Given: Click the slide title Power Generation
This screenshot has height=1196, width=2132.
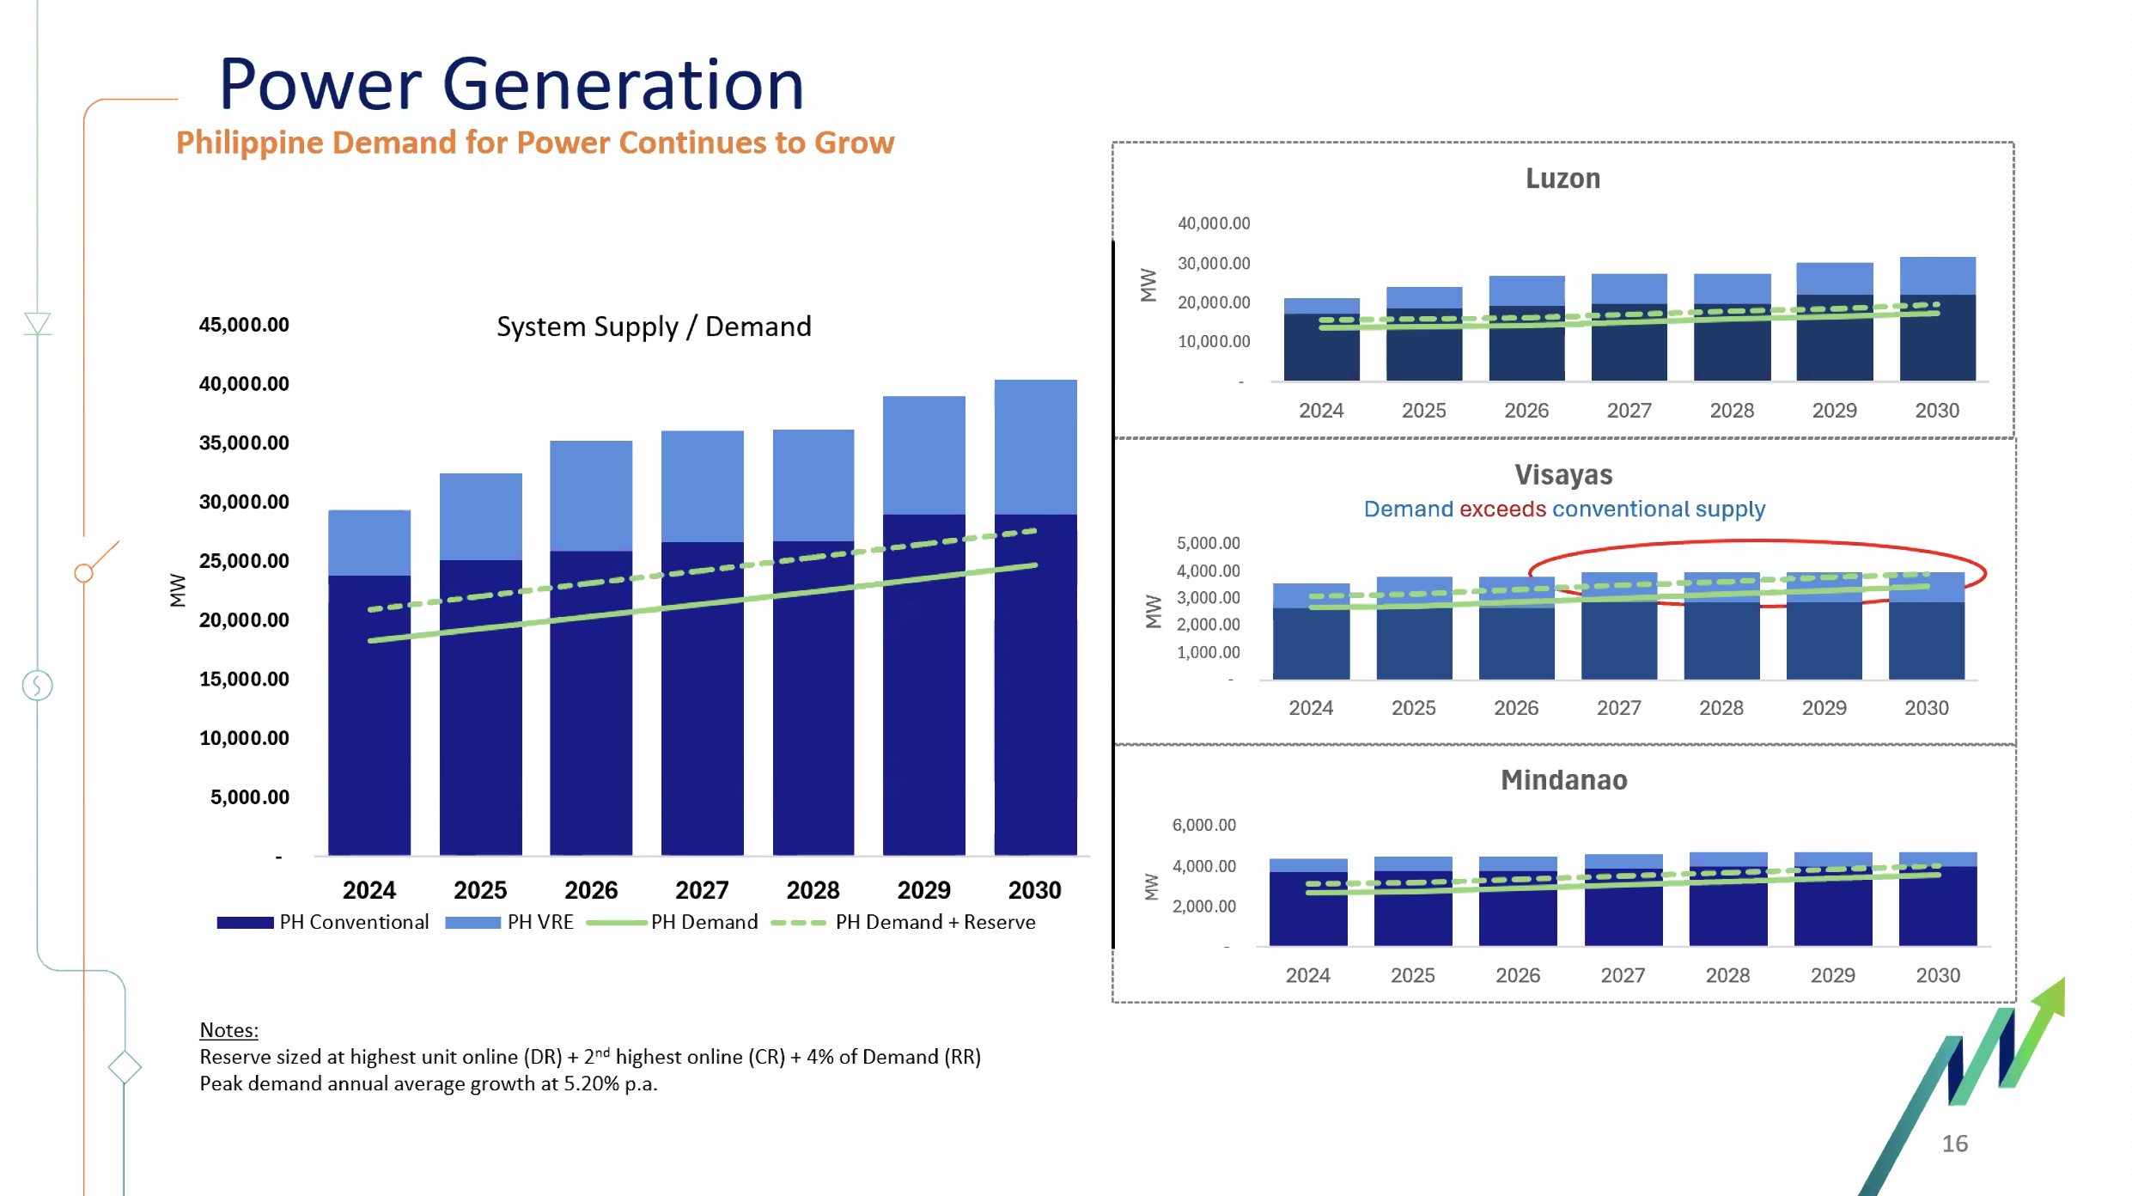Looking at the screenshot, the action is click(512, 84).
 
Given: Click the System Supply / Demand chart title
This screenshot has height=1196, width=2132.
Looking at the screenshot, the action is click(654, 326).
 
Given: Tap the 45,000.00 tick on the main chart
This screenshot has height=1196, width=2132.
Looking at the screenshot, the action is click(244, 325).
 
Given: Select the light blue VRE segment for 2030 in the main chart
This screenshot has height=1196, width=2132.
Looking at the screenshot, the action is click(1035, 447).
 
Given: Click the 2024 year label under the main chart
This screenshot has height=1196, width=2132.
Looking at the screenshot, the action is click(369, 890).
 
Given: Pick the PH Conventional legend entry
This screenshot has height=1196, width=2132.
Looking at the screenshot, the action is click(323, 922).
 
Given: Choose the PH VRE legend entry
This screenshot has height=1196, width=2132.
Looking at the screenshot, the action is click(509, 922).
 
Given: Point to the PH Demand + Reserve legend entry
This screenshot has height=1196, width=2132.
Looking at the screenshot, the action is click(904, 922).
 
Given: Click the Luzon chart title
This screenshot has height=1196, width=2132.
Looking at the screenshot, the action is click(1562, 179).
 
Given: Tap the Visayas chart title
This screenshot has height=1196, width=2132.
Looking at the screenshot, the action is click(1563, 475).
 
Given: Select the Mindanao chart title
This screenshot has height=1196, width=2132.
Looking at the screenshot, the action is click(1564, 780).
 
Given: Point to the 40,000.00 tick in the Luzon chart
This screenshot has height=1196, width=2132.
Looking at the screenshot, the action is click(1214, 223).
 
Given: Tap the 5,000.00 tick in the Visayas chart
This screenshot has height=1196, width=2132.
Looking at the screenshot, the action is click(1209, 543).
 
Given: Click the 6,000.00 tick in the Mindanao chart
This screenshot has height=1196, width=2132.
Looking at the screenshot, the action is click(1204, 825).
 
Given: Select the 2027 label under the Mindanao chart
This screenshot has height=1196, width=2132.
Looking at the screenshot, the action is click(1623, 976).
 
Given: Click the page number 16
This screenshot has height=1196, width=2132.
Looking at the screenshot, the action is click(1955, 1144).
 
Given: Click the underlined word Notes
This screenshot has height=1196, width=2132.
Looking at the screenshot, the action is click(228, 1030).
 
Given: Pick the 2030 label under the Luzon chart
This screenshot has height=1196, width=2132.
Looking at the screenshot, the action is click(1937, 411).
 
